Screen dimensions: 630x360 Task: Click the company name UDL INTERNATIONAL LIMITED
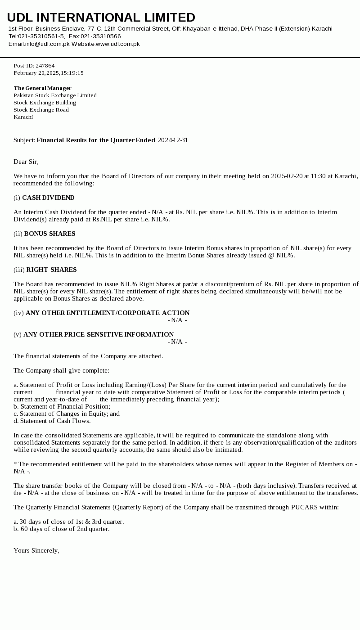[101, 18]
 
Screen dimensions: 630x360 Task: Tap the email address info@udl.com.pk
[47, 44]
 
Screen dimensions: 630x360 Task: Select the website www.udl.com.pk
[117, 44]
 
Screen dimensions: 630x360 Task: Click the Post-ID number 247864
[45, 66]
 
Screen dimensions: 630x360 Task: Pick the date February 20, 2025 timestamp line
[48, 73]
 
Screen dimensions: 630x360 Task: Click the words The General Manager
[42, 88]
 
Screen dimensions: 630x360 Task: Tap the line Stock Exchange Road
[41, 110]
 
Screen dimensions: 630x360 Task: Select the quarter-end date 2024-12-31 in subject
[173, 140]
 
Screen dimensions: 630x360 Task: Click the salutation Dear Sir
[26, 162]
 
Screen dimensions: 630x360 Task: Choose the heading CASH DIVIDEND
[48, 198]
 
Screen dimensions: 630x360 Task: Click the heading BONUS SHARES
[49, 234]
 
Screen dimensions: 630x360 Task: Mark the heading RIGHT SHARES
[51, 270]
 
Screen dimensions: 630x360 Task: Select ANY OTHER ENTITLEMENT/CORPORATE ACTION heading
[108, 313]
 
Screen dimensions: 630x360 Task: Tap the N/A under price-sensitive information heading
[177, 342]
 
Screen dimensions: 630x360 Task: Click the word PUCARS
[305, 508]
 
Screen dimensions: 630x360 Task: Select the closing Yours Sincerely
[36, 551]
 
